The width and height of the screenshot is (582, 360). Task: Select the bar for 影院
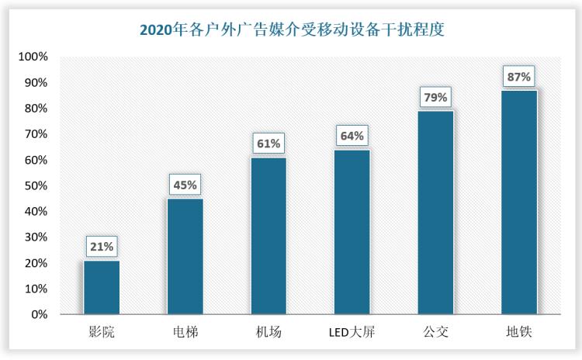point(102,287)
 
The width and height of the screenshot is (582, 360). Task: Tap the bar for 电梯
point(185,256)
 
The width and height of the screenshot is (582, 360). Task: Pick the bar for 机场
point(268,236)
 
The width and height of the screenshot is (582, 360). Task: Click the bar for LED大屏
point(352,232)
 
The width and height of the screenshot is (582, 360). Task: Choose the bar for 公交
point(435,213)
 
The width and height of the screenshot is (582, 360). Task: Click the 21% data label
point(102,247)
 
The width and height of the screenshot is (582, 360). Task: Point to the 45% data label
point(185,185)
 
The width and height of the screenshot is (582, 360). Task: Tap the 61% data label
point(268,144)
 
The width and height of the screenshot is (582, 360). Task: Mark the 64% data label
point(352,136)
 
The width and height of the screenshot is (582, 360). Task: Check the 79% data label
point(435,98)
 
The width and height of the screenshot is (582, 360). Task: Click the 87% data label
point(518,77)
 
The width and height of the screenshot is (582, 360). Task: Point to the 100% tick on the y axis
point(33,57)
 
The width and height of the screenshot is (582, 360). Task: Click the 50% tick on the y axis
point(36,186)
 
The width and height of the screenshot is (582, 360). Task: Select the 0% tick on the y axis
point(39,315)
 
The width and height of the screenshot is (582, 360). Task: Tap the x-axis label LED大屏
point(352,334)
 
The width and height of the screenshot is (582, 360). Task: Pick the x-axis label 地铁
point(518,334)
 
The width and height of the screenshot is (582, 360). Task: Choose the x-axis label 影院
point(102,334)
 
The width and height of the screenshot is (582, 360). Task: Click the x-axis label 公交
point(435,334)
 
